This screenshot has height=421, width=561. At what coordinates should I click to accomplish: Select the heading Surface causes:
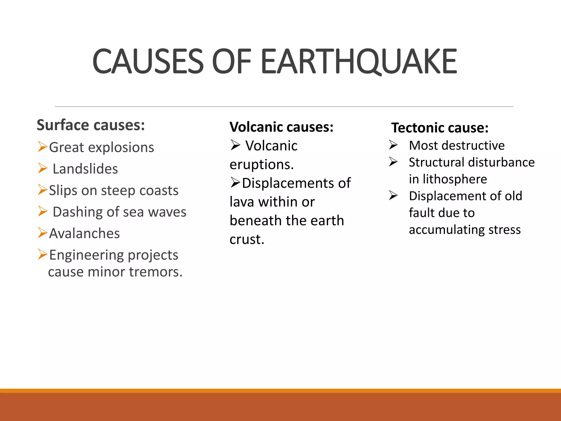[x=91, y=125]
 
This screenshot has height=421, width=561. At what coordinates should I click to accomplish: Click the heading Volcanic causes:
[x=281, y=127]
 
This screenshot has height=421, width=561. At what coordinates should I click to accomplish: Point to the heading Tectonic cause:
[x=440, y=128]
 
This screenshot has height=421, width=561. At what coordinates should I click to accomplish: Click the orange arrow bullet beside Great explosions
[x=43, y=147]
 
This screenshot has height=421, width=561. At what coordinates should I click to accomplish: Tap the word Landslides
[x=85, y=169]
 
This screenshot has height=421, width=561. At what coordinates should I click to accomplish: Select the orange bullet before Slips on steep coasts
[x=43, y=190]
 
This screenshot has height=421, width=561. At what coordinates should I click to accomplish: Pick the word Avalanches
[x=84, y=234]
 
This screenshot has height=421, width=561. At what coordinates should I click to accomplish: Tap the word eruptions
[x=261, y=165]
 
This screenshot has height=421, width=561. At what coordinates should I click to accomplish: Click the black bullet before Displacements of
[x=235, y=183]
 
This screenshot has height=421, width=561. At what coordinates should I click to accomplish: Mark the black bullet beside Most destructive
[x=393, y=145]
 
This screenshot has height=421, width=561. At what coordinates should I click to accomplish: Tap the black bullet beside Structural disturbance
[x=393, y=162]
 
